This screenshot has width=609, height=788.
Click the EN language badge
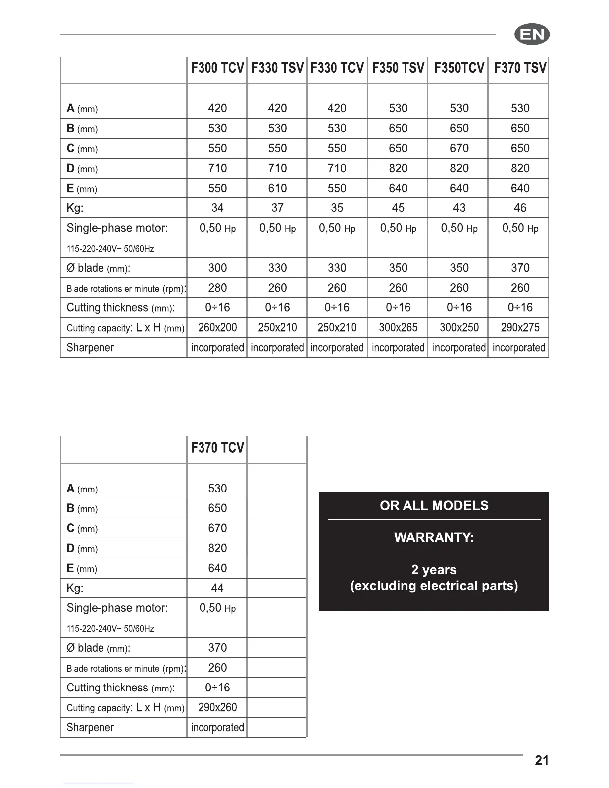[x=532, y=35]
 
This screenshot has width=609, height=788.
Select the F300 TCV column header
[x=217, y=68]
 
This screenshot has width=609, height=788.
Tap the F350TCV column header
[x=459, y=68]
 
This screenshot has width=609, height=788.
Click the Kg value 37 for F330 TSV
[x=277, y=208]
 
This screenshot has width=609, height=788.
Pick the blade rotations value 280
[x=217, y=288]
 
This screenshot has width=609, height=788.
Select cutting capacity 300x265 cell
[x=398, y=327]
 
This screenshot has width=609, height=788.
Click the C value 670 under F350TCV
[x=459, y=148]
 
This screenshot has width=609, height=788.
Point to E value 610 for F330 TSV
[x=277, y=188]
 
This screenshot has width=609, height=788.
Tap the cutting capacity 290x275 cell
[x=520, y=327]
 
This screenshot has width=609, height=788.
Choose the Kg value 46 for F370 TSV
[x=520, y=208]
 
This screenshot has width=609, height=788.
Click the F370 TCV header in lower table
[x=217, y=448]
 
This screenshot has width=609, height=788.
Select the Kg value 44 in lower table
[x=217, y=588]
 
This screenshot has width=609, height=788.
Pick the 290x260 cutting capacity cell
[x=217, y=707]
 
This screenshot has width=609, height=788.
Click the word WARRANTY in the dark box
[x=434, y=538]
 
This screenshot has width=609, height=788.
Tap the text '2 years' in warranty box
[x=434, y=570]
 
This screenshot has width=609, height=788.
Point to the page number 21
[x=542, y=760]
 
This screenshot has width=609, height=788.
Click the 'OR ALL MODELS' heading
[x=434, y=506]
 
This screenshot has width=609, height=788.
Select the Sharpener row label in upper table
[x=90, y=348]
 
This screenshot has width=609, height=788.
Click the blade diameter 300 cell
[x=217, y=268]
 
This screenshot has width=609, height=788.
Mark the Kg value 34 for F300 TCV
[x=217, y=208]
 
